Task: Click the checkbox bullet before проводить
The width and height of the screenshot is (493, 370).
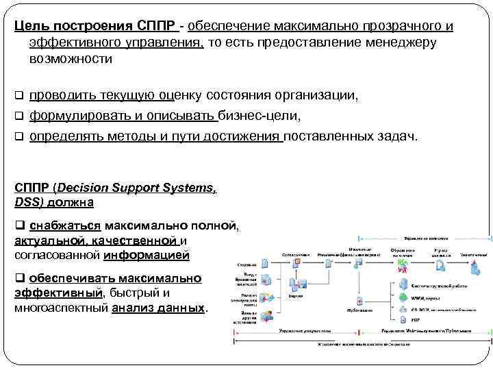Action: [19, 95]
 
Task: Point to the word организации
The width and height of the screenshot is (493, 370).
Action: [314, 95]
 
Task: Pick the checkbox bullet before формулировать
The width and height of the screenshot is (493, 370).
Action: [19, 115]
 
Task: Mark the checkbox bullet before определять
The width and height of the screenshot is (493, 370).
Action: [19, 136]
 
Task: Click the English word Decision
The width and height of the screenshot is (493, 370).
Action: [84, 188]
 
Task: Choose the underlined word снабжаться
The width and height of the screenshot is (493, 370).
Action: [66, 225]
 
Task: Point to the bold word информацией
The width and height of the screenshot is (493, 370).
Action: [146, 256]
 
